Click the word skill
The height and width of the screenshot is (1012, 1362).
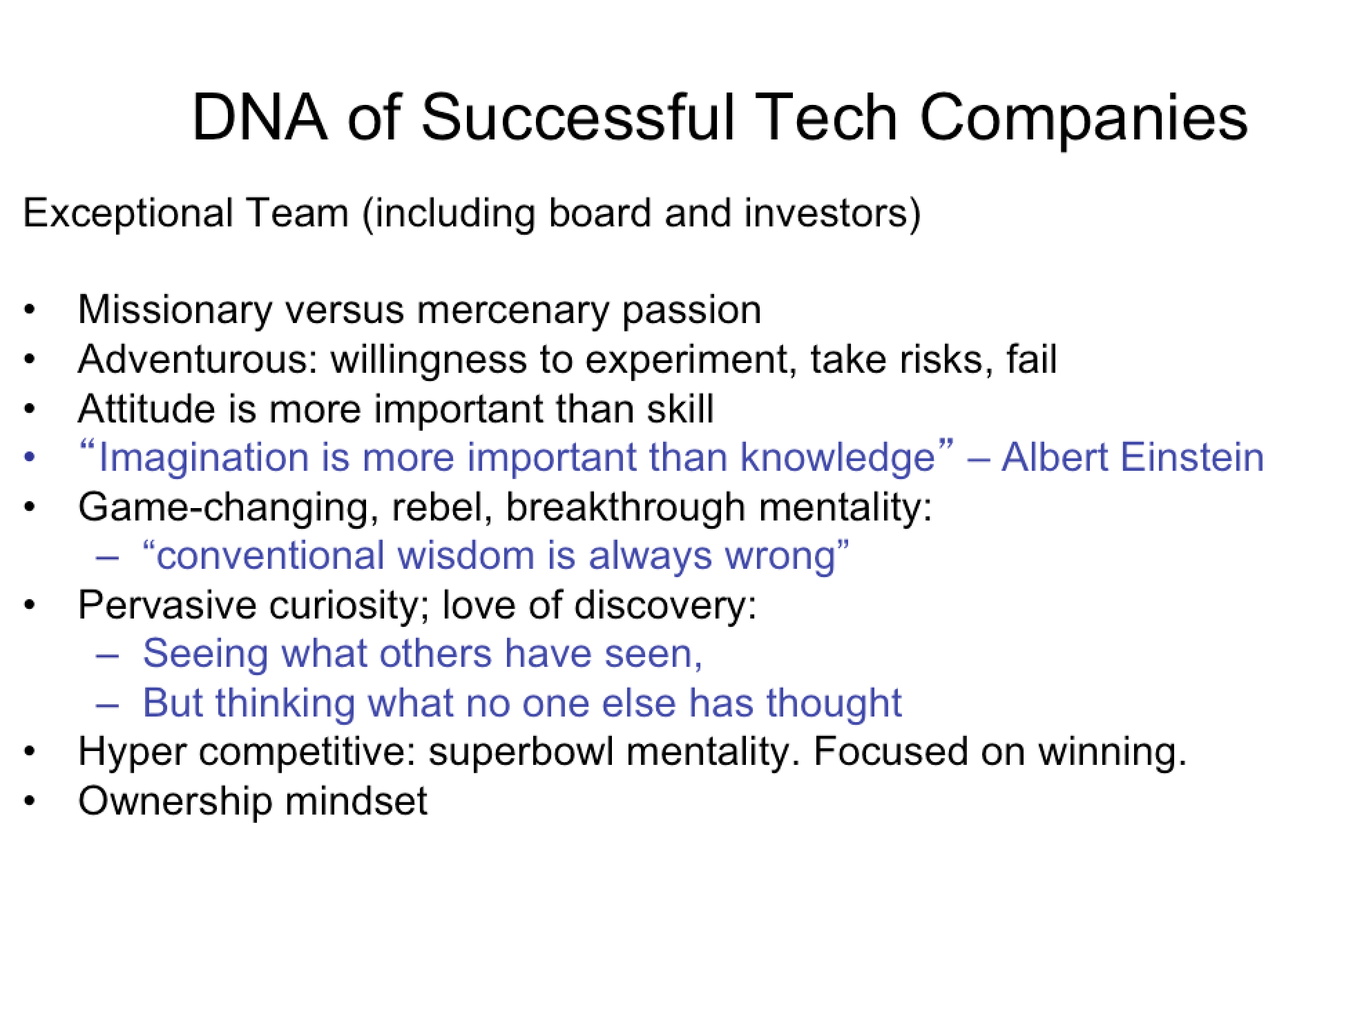[x=680, y=409]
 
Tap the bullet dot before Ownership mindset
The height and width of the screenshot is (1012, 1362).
[x=28, y=801]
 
